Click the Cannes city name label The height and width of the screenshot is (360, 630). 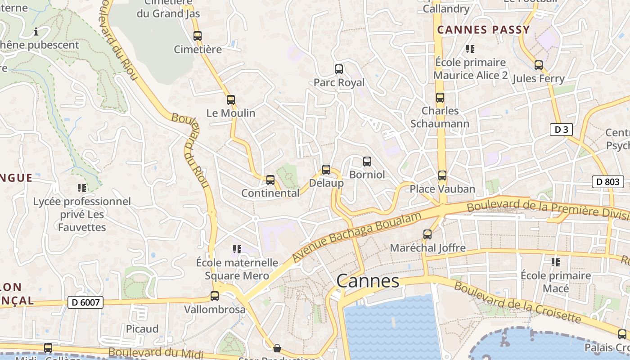[x=368, y=281]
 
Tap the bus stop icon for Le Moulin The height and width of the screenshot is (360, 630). [x=231, y=100]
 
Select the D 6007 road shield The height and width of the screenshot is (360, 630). [x=85, y=302]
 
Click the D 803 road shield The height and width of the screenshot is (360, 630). [x=607, y=182]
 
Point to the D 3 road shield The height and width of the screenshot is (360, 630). [x=561, y=130]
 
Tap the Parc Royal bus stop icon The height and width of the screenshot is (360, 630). [x=339, y=69]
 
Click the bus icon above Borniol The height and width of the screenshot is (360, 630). [x=367, y=161]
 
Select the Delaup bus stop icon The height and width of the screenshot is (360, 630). [x=326, y=170]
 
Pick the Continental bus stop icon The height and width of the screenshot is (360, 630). [x=270, y=180]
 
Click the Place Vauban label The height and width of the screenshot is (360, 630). [x=442, y=189]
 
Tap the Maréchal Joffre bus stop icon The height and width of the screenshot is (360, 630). [x=427, y=234]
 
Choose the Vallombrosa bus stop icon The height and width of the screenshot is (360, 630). [x=215, y=296]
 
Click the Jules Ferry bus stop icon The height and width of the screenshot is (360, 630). [x=539, y=65]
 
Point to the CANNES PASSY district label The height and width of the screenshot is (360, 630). [x=483, y=30]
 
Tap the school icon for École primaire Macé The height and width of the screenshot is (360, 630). [x=556, y=262]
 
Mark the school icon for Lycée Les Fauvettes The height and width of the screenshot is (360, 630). [x=82, y=188]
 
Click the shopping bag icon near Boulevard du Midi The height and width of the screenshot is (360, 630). [x=277, y=348]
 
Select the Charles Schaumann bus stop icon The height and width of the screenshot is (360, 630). [x=440, y=98]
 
